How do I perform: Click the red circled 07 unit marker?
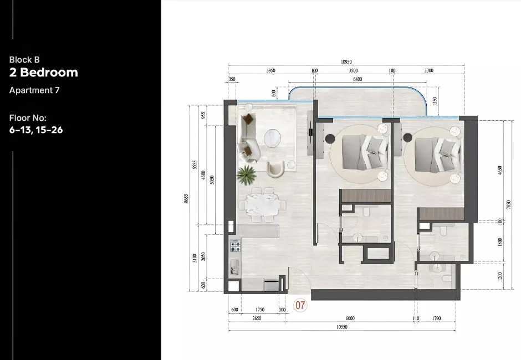point(300,305)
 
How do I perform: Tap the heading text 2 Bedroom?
point(44,73)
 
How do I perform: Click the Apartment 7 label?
point(34,90)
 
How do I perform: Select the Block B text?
point(24,60)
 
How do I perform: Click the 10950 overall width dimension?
point(346,62)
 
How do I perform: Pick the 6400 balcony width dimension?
point(357,79)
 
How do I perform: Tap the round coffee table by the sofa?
point(272,137)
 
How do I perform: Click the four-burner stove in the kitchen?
point(235,245)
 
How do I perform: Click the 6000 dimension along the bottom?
point(350,318)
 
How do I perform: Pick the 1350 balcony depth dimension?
point(435,102)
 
